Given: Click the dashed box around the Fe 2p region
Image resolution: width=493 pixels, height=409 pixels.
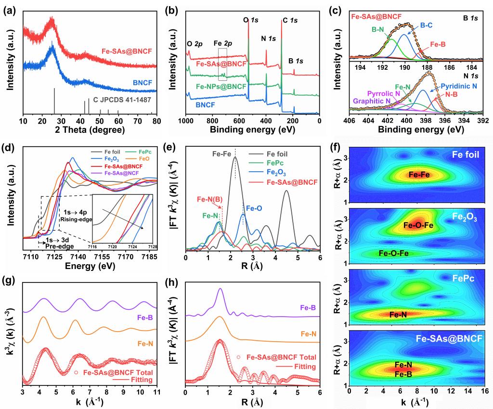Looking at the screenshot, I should pos(222,64).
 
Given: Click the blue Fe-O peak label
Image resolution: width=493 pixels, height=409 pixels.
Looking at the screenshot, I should pos(254,208).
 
